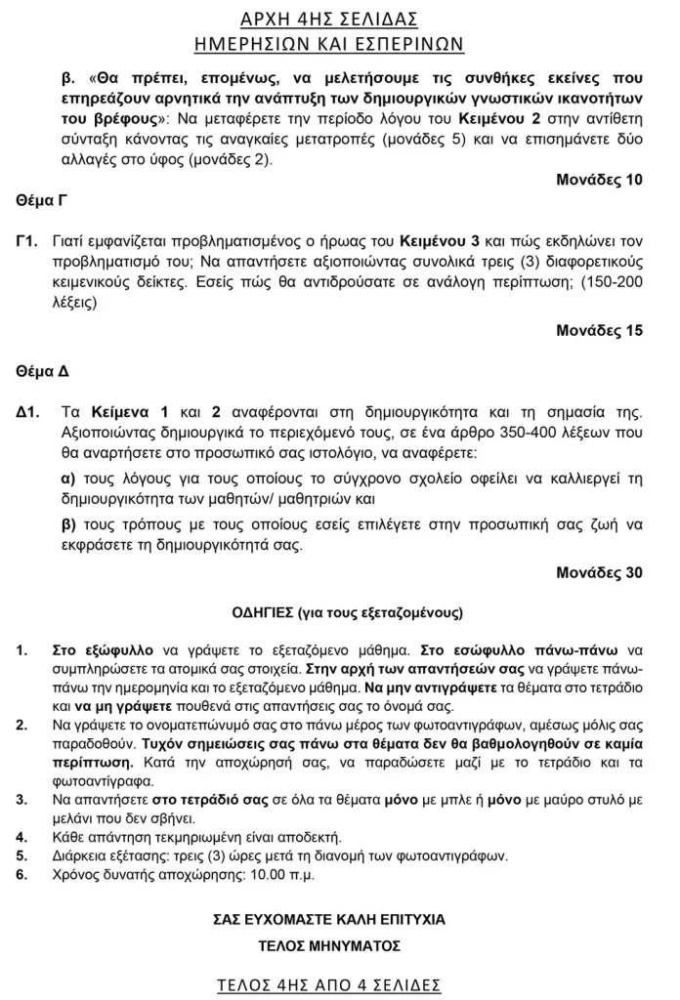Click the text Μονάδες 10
pyautogui.click(x=599, y=180)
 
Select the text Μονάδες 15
pyautogui.click(x=599, y=330)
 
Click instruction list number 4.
pyautogui.click(x=22, y=837)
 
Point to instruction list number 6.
pyautogui.click(x=22, y=874)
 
